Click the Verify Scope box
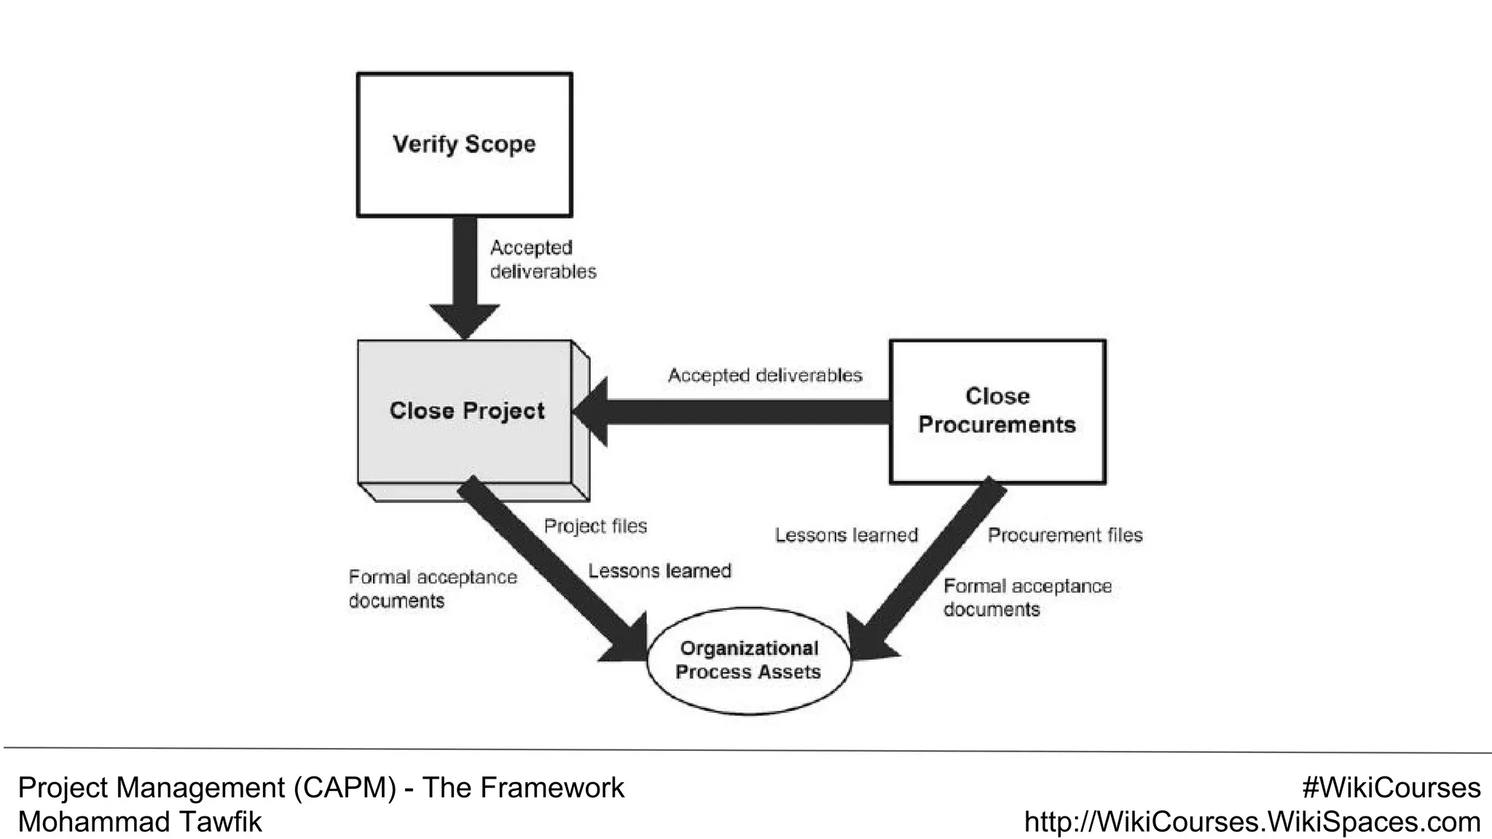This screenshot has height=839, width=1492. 464,144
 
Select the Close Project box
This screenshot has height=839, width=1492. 466,411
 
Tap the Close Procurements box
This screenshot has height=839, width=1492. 997,411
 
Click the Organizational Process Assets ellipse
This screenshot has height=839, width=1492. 748,661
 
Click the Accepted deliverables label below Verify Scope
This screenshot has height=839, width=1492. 543,259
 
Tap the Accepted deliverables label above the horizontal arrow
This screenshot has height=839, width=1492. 765,376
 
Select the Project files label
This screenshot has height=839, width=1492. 595,526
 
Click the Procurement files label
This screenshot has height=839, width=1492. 1064,535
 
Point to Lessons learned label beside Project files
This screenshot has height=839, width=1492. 659,571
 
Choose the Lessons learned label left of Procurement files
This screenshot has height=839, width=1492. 846,535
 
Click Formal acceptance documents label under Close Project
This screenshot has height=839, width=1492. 432,589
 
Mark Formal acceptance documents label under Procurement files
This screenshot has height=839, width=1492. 1026,597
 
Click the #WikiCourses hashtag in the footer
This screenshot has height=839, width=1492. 1391,788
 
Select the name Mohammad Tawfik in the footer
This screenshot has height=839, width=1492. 139,822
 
